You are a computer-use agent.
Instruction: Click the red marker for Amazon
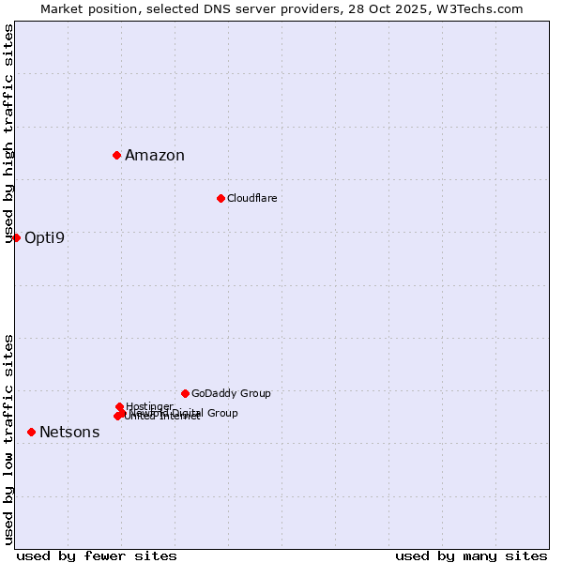pyautogui.click(x=116, y=155)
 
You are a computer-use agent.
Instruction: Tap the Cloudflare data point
pyautogui.click(x=221, y=198)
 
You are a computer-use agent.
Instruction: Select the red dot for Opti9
pyautogui.click(x=16, y=237)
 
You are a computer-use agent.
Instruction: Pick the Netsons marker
pyautogui.click(x=31, y=432)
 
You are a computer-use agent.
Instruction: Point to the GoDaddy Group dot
pyautogui.click(x=185, y=393)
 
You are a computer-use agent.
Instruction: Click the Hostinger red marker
pyautogui.click(x=119, y=406)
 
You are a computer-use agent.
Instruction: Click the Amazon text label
pyautogui.click(x=155, y=156)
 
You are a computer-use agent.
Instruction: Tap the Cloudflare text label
pyautogui.click(x=251, y=198)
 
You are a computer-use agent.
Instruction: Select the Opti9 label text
pyautogui.click(x=44, y=237)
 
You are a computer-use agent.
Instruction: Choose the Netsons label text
pyautogui.click(x=69, y=433)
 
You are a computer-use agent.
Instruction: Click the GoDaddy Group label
pyautogui.click(x=231, y=393)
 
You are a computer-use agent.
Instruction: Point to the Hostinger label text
pyautogui.click(x=149, y=406)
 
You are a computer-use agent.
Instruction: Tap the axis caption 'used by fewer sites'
pyautogui.click(x=97, y=555)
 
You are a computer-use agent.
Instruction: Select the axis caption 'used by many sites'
pyautogui.click(x=471, y=555)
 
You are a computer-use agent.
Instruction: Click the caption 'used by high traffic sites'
pyautogui.click(x=9, y=134)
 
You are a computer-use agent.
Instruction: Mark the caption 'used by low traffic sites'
pyautogui.click(x=9, y=439)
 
